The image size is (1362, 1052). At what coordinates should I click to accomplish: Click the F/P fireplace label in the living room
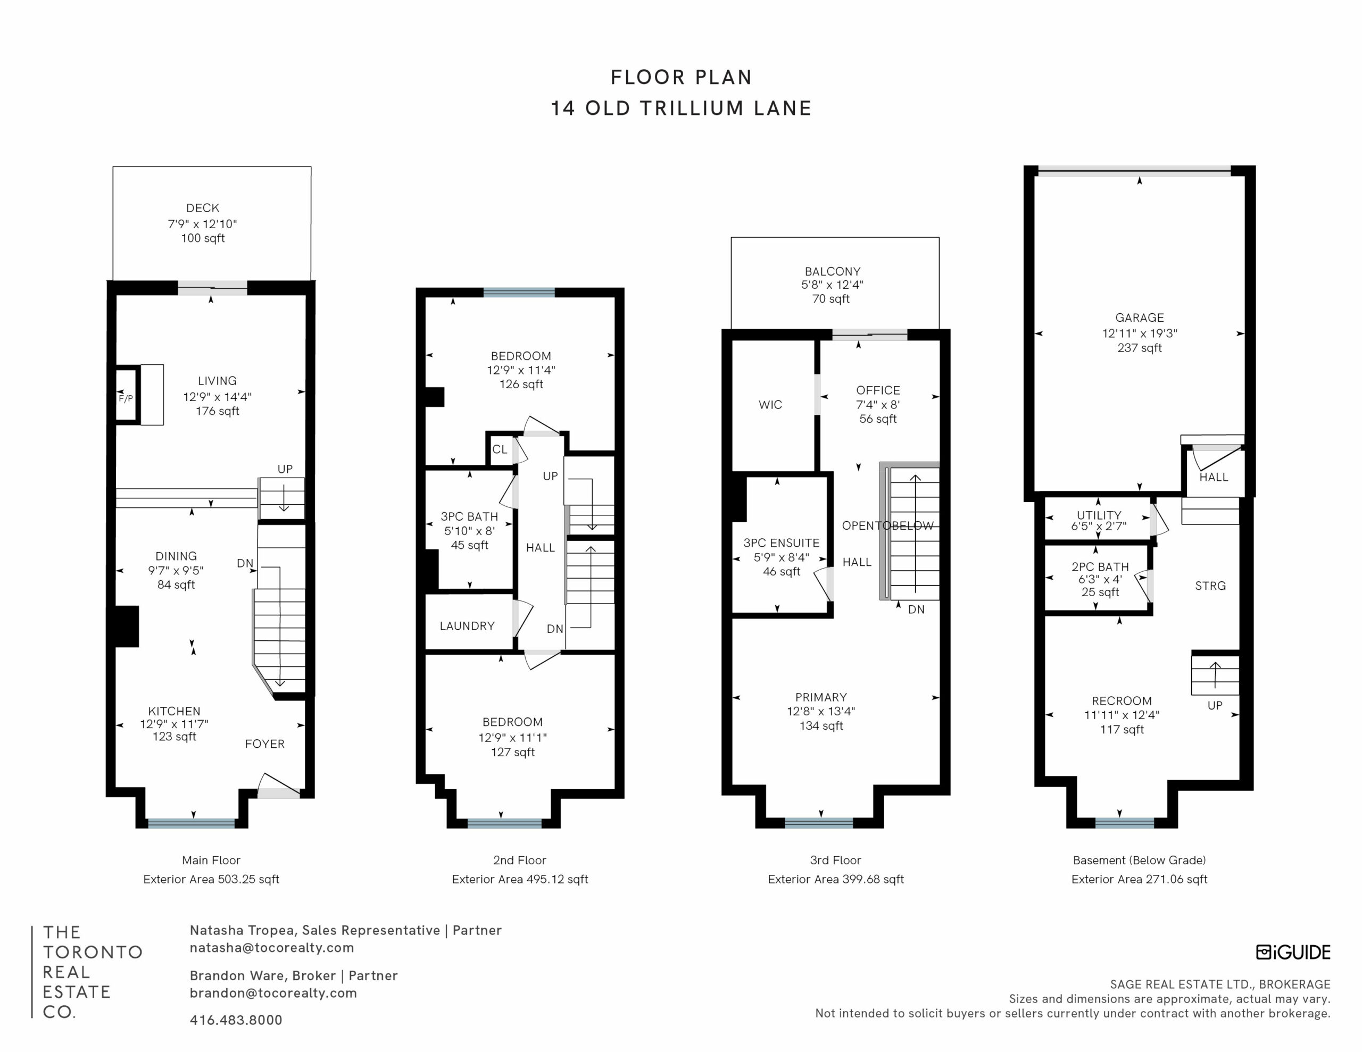point(126,398)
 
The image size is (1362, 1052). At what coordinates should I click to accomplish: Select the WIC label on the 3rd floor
point(770,405)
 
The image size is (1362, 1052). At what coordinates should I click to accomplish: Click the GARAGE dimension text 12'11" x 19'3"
point(1140,333)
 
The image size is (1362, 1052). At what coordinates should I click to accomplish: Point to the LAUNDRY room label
point(467,626)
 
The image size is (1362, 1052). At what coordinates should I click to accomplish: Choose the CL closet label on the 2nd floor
point(500,449)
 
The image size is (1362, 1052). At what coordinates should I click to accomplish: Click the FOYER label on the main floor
point(264,744)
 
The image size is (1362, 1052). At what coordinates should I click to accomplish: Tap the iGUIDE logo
point(1293,952)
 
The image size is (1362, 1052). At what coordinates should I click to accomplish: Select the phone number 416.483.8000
point(236,1020)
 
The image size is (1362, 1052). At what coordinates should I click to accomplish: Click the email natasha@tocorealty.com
point(272,948)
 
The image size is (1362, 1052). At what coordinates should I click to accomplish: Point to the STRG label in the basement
point(1210,586)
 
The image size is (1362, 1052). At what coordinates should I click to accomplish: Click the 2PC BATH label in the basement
point(1100,567)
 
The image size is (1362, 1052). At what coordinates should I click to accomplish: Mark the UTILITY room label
point(1099,515)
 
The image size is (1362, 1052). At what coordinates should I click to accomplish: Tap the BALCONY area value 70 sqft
point(831,299)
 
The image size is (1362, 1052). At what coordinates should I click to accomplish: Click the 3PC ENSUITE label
point(782,543)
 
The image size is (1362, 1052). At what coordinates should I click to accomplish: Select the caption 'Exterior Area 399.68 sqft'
point(836,879)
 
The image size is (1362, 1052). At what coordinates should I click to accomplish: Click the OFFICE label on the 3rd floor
point(878,390)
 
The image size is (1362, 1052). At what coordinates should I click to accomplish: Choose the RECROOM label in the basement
point(1122,701)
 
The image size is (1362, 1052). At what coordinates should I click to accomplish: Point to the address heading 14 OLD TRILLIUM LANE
point(681,108)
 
